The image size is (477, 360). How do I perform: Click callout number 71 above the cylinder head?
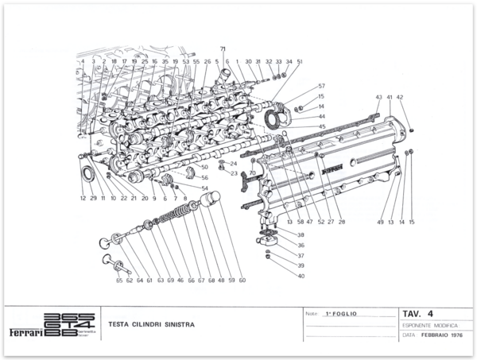point(223,49)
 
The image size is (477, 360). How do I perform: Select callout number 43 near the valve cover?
point(378,97)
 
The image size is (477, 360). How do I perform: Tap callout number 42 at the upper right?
point(400,97)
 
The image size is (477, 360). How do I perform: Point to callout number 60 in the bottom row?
point(242,280)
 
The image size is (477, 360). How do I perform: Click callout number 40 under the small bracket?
point(301,276)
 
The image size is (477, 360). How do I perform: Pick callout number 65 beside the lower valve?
point(119,280)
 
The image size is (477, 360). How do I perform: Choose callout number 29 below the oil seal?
point(93,198)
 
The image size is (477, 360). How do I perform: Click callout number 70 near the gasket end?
point(252,172)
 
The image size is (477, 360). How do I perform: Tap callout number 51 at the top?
point(300,61)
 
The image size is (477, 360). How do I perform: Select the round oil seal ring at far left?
point(85,173)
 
